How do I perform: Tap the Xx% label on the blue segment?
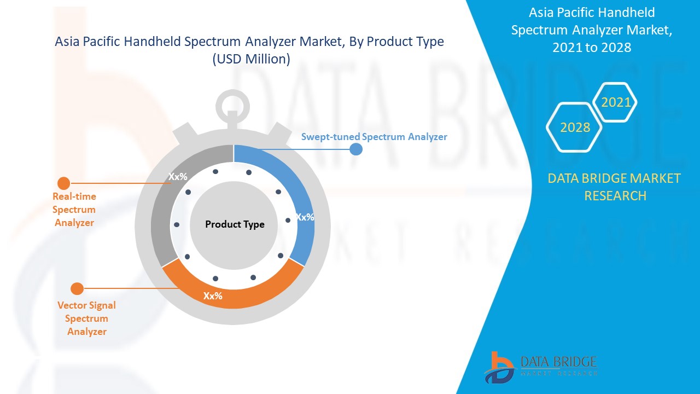[305, 217]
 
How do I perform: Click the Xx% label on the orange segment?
[213, 296]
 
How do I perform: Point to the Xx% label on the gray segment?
[178, 177]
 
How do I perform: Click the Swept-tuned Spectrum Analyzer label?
[374, 137]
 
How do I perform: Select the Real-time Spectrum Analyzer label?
[74, 210]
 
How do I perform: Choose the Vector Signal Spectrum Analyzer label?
[87, 318]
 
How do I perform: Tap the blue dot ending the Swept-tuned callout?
[356, 149]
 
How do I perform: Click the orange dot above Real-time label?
[64, 183]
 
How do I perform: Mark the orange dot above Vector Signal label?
[77, 288]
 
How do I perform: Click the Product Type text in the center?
[235, 224]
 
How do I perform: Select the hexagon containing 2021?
[616, 102]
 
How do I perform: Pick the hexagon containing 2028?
[575, 127]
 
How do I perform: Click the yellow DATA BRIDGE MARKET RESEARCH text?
[614, 187]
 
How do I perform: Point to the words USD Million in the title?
[252, 59]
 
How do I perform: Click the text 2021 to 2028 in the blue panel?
[592, 48]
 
